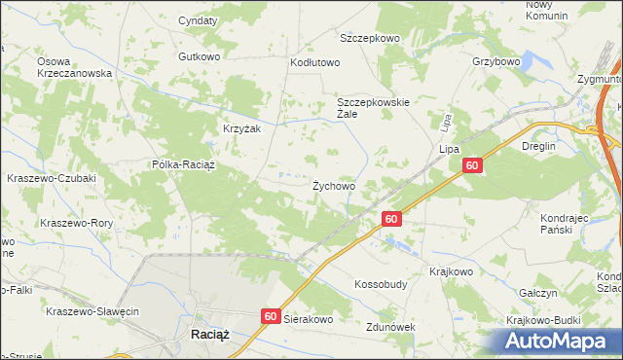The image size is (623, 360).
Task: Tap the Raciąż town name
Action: point(204,335)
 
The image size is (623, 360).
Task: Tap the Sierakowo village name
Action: point(309,318)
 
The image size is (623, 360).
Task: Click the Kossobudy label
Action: point(381,284)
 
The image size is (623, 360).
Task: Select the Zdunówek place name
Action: point(390,327)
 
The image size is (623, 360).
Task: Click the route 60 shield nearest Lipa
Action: point(471,166)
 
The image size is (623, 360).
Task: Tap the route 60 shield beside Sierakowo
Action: point(271,316)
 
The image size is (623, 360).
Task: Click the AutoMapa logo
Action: point(559,341)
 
